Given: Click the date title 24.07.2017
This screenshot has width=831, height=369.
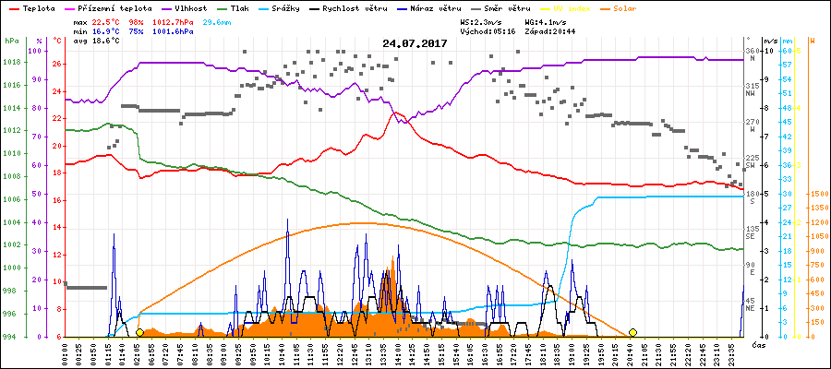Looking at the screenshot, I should click(415, 42).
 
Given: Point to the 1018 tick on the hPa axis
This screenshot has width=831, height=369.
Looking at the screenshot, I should click(11, 63).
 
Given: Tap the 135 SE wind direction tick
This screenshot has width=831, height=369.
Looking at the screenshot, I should click(752, 232).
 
